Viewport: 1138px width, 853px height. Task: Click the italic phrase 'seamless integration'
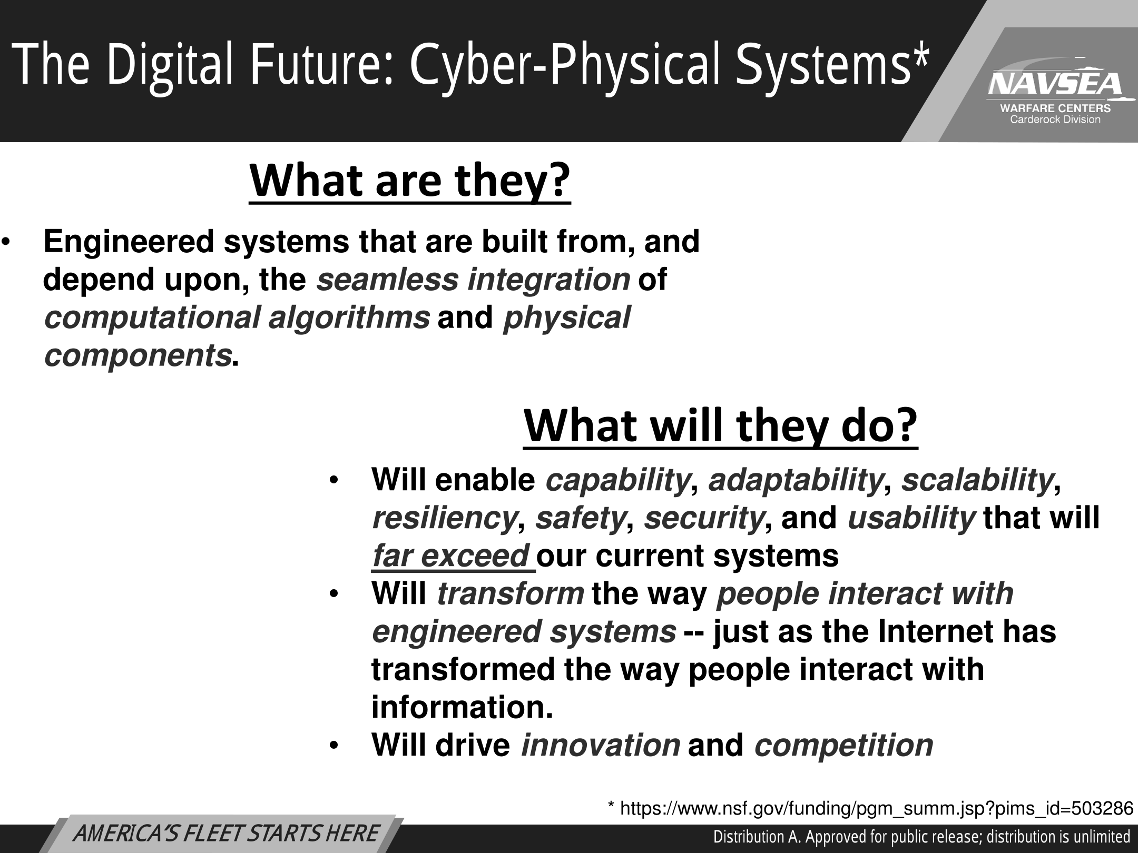[x=473, y=280]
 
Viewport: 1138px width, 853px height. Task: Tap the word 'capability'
[x=617, y=480]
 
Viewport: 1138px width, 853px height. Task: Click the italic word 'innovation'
[x=601, y=745]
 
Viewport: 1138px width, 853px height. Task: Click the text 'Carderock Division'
[x=1055, y=120]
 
